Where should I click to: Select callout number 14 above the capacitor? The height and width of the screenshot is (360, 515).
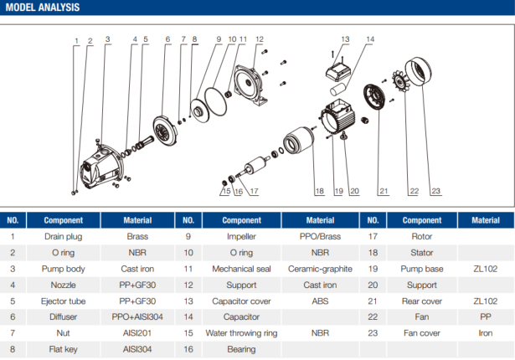coord(370,39)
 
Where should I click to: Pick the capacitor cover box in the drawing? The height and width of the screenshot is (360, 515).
coord(341,64)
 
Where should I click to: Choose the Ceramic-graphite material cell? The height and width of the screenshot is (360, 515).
coord(320,269)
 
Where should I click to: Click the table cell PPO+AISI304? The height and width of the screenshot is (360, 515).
coord(137,316)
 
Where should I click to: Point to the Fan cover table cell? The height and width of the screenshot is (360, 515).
coord(422,332)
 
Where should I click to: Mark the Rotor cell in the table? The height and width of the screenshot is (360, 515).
coord(422,237)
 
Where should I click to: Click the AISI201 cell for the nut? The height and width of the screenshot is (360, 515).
coord(137,332)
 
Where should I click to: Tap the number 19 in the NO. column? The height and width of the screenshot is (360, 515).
coord(372,269)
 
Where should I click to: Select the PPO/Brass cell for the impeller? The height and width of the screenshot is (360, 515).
coord(320,237)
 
